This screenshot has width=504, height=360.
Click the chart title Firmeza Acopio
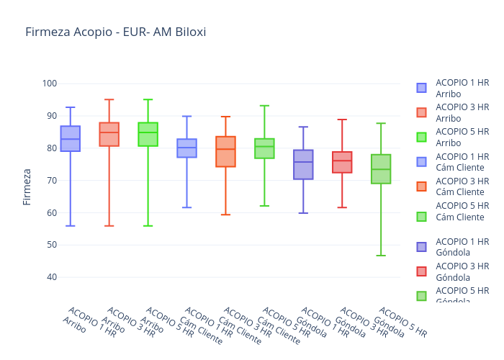point(115,32)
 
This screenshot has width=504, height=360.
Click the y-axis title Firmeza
point(27,186)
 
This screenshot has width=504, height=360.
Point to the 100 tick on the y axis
point(49,84)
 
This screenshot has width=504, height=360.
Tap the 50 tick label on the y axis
point(49,245)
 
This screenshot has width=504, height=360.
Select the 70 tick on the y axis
point(49,180)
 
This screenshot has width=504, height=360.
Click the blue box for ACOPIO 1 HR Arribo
point(71,139)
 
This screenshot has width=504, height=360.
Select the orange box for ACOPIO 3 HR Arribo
point(109,135)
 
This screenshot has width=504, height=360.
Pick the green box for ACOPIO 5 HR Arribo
point(148,135)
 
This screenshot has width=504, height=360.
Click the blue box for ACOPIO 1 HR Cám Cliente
point(187,148)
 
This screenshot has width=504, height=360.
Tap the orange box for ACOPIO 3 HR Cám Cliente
point(225,152)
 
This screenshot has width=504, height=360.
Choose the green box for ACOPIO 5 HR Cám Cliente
point(264,149)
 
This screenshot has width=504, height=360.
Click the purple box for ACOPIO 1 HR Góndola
point(303,165)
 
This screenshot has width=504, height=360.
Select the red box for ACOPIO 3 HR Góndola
point(342,163)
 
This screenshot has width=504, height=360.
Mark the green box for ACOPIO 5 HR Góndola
point(381,169)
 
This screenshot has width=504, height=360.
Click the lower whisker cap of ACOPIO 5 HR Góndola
point(381,256)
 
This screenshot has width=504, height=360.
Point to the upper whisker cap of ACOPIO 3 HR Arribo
point(109,99)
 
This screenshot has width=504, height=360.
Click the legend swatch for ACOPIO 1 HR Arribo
point(421,88)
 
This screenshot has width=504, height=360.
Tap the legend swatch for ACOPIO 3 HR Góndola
point(421,271)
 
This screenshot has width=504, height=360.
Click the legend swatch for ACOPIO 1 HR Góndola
point(421,247)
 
